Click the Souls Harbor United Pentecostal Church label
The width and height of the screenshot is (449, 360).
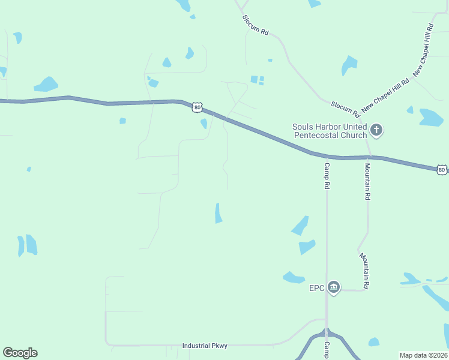pos(330,131)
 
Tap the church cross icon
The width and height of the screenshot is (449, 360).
pos(376,129)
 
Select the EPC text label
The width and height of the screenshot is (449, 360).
pos(317,288)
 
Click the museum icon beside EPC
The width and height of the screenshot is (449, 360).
pos(334,288)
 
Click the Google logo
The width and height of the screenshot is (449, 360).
pos(20,353)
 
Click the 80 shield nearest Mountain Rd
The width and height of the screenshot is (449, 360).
pos(442,170)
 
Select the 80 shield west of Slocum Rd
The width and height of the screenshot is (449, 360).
pos(197,107)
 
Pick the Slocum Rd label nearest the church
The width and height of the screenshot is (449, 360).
pos(345,109)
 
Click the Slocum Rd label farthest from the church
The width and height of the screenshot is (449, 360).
pos(255,25)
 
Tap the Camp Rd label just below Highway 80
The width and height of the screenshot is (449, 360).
pos(327,176)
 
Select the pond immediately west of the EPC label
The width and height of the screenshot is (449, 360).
pos(293,277)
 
